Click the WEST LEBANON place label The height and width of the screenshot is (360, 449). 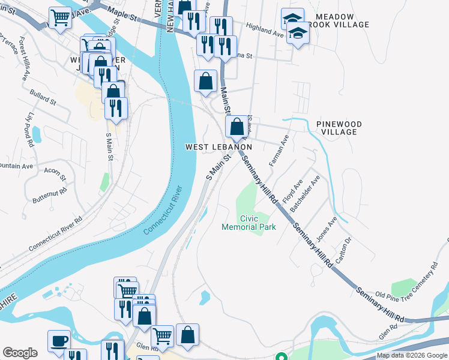pyautogui.click(x=218, y=147)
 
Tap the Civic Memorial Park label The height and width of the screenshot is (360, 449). pyautogui.click(x=249, y=223)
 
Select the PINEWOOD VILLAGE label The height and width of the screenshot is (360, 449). pyautogui.click(x=339, y=128)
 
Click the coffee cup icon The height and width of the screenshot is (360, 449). pyautogui.click(x=59, y=340)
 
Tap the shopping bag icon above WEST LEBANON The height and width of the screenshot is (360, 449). pyautogui.click(x=237, y=127)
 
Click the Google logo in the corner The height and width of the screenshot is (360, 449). pyautogui.click(x=20, y=353)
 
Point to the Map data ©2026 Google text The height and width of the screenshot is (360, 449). pyautogui.click(x=411, y=355)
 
